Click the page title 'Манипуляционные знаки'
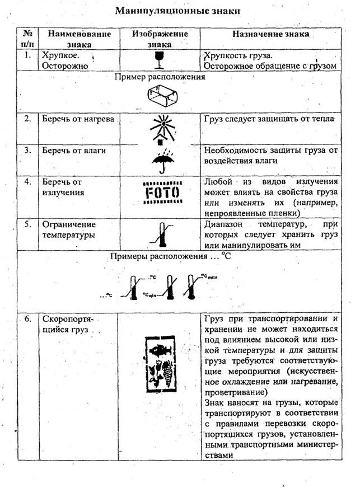click(177, 11)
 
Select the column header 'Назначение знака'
click(270, 34)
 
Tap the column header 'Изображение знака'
click(160, 39)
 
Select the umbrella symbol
click(160, 159)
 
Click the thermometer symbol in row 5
click(161, 234)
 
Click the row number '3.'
click(27, 150)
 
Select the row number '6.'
click(27, 318)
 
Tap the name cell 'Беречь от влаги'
click(74, 151)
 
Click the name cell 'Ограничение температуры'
click(68, 229)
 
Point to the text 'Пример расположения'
click(160, 77)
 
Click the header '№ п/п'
click(27, 39)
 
